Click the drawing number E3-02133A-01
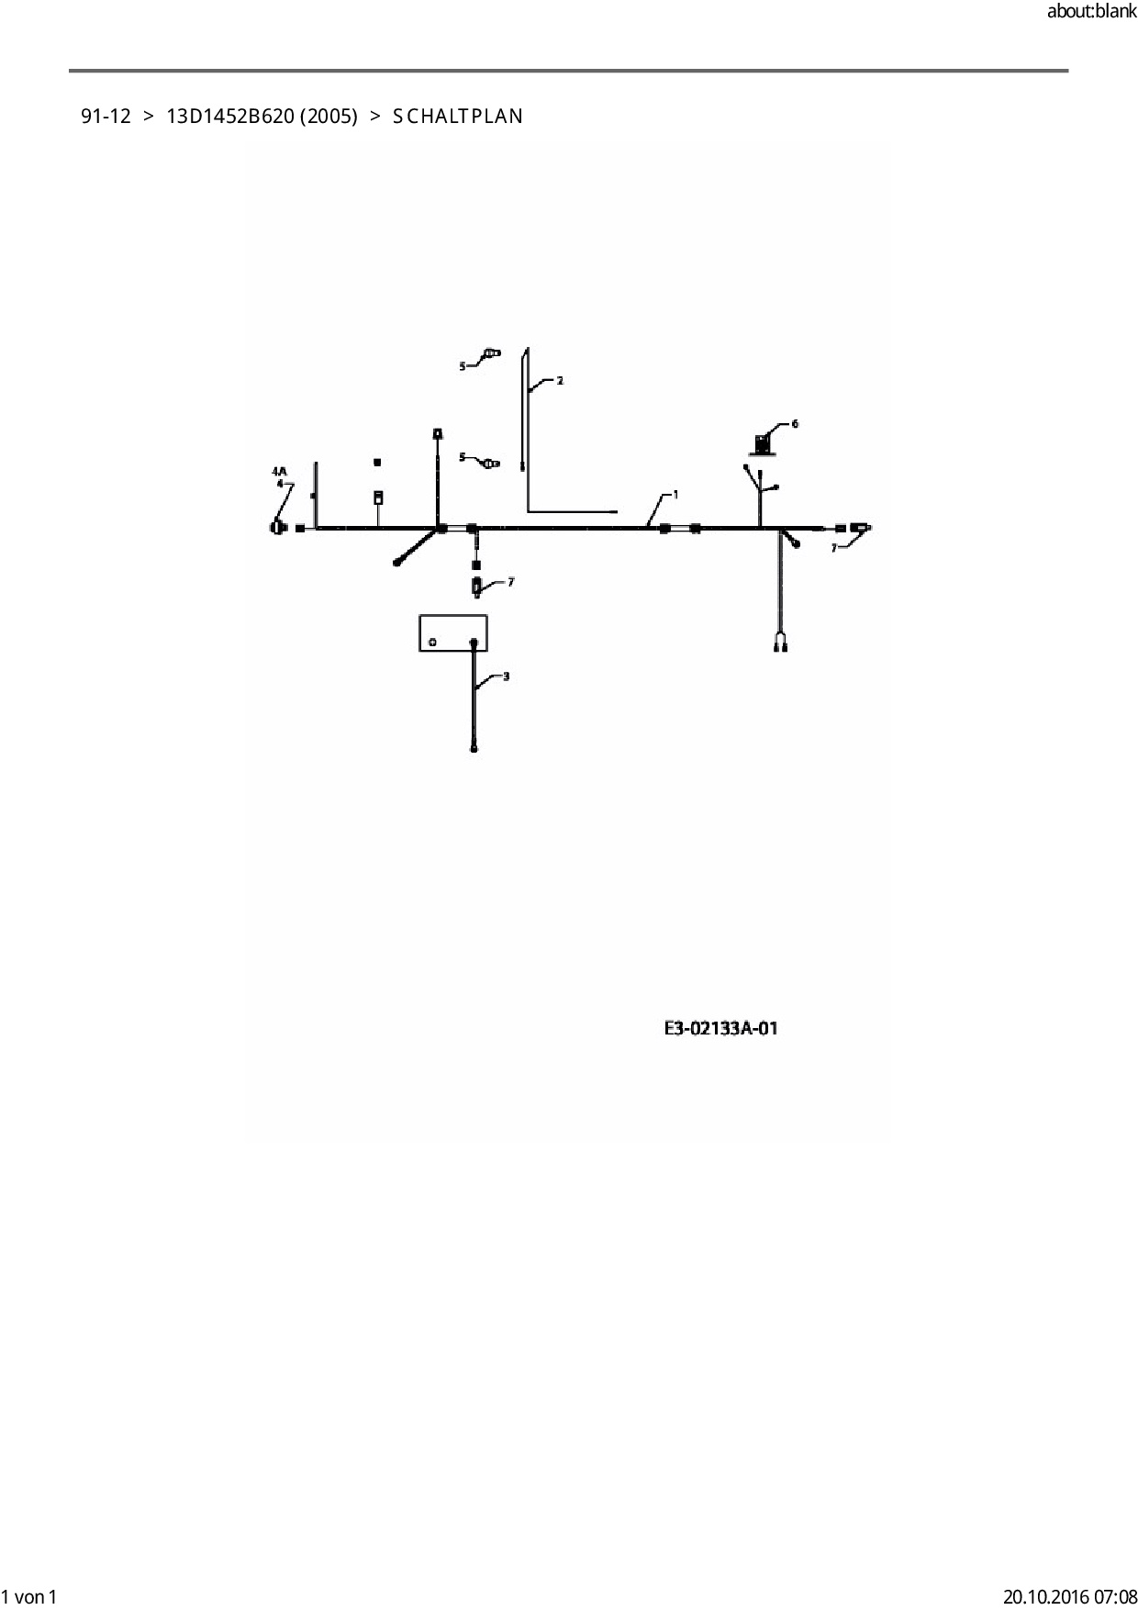(x=720, y=1028)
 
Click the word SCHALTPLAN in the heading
(x=458, y=117)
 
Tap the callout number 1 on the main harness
(x=675, y=495)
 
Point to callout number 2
(x=560, y=380)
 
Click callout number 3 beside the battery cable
(x=506, y=676)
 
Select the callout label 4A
(x=279, y=471)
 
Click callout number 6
(x=795, y=424)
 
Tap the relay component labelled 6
(x=762, y=444)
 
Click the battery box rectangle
(x=452, y=632)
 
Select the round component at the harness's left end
(x=277, y=528)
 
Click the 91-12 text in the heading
(x=106, y=117)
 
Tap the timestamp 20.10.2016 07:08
(x=1069, y=1596)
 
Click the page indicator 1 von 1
(x=29, y=1596)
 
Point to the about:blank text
(x=1091, y=12)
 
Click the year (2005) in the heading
(x=329, y=117)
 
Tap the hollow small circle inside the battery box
(x=433, y=643)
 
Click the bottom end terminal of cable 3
(x=474, y=748)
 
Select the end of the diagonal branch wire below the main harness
(x=397, y=562)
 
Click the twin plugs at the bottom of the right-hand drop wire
(x=781, y=646)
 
